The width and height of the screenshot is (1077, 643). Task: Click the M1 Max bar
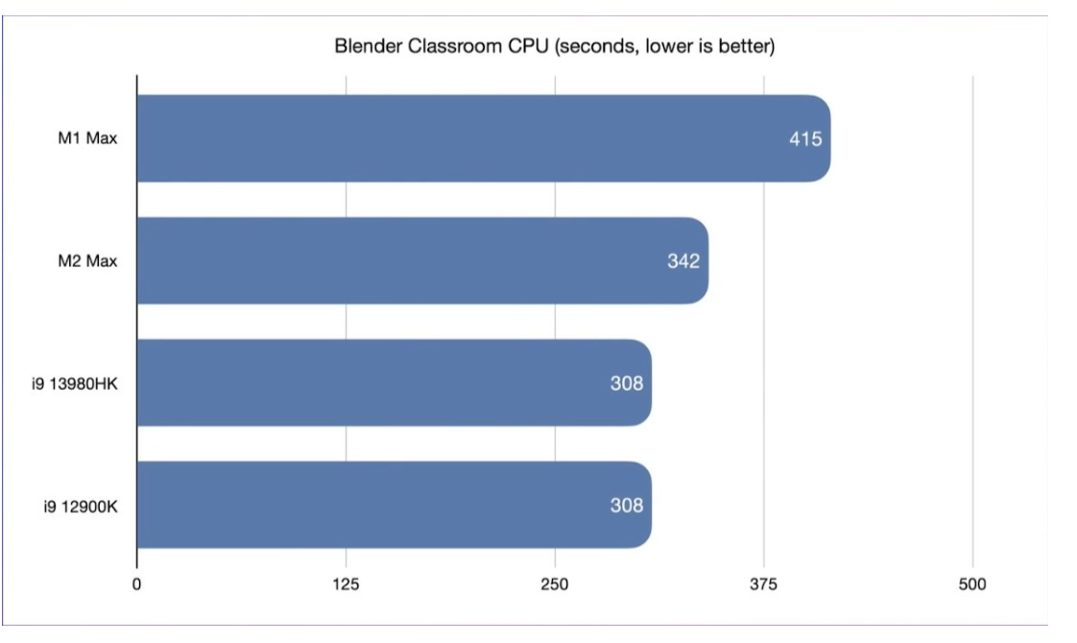(480, 138)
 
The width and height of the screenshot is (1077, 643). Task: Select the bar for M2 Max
(422, 261)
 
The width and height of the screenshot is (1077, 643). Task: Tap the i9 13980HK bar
(394, 383)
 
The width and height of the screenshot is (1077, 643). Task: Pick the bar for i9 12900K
(394, 505)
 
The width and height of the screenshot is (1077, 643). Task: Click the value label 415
(805, 139)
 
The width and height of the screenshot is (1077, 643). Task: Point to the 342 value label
(683, 261)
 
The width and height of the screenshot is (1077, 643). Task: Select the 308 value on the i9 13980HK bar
(626, 383)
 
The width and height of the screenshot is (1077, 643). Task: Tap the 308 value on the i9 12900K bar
(626, 505)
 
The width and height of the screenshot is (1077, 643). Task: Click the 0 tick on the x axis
(137, 584)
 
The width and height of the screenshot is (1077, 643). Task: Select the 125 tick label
(346, 584)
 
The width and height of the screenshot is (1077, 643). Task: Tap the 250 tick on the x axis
(555, 584)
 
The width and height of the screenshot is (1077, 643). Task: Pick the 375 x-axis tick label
(764, 584)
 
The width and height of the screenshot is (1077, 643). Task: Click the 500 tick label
(972, 584)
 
